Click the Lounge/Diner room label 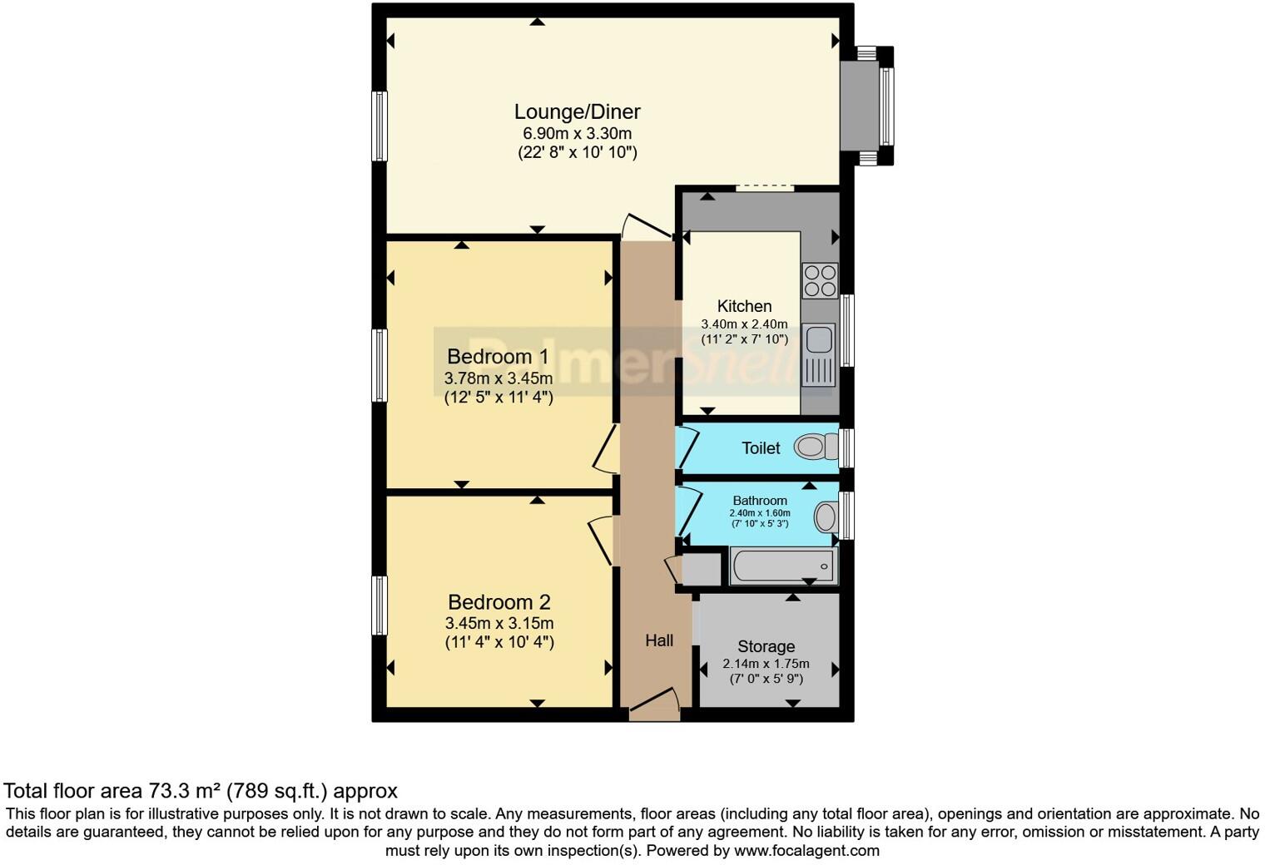[577, 111]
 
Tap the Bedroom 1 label [498, 357]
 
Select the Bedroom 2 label [499, 602]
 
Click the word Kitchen [744, 306]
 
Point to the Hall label [659, 640]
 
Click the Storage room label [766, 646]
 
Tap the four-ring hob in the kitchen [819, 280]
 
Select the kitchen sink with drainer [819, 354]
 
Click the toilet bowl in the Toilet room [815, 447]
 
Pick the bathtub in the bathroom [782, 566]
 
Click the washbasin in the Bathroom [826, 517]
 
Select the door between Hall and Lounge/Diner [646, 227]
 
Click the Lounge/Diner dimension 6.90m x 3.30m [577, 133]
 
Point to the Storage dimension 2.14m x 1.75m [766, 664]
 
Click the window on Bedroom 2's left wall [379, 605]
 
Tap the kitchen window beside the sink [846, 330]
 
